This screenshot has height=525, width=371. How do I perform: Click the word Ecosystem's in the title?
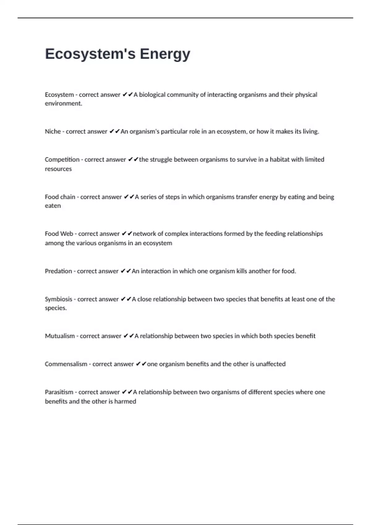click(x=90, y=54)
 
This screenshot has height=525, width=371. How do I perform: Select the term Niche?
click(x=53, y=132)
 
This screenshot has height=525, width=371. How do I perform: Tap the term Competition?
click(x=62, y=160)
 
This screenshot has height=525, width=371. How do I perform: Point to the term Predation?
click(x=58, y=271)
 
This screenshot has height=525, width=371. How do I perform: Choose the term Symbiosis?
click(x=58, y=299)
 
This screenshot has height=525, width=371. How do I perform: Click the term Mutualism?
click(x=60, y=336)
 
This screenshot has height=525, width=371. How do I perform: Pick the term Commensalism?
click(x=66, y=364)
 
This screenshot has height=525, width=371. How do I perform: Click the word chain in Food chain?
click(x=68, y=197)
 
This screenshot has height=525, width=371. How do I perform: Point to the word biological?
click(x=152, y=95)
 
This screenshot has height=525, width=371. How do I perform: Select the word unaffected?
click(x=271, y=364)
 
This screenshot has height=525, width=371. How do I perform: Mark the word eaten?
click(x=53, y=206)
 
